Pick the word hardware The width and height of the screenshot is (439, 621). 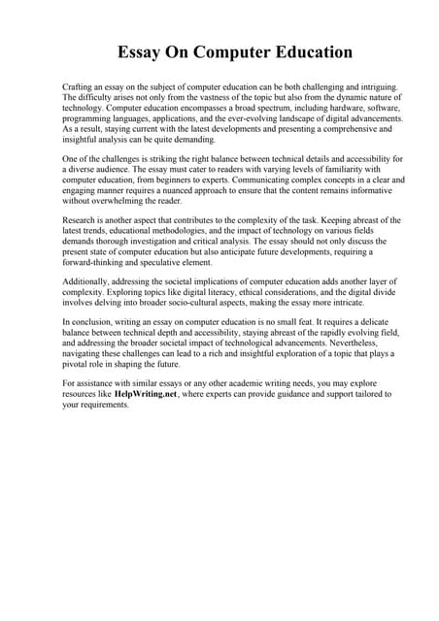pyautogui.click(x=326, y=109)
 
